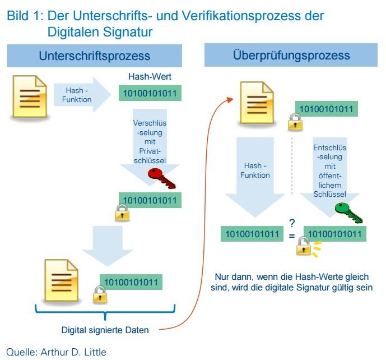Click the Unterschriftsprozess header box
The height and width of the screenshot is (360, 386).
[x=94, y=56]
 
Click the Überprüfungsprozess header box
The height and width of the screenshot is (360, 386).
[x=291, y=56]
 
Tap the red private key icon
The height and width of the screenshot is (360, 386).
[x=162, y=178]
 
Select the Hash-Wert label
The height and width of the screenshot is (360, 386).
[x=150, y=77]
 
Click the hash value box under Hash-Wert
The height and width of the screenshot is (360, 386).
[x=150, y=93]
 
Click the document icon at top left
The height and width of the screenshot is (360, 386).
[x=28, y=98]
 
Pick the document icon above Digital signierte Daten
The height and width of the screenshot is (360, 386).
[x=60, y=281]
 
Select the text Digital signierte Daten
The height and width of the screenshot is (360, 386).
[x=105, y=330]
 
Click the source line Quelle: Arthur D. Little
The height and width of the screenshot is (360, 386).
[x=56, y=352]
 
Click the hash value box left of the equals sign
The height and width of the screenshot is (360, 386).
[x=251, y=233]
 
